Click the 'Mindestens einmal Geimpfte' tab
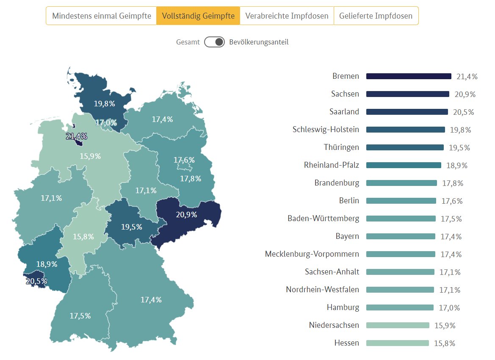(x=101, y=16)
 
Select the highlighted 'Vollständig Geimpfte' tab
(x=198, y=16)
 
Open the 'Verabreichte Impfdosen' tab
(x=287, y=16)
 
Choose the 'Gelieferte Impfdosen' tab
(x=376, y=16)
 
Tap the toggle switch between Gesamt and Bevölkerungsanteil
(x=214, y=42)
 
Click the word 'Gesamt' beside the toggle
(x=188, y=42)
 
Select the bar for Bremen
(x=409, y=76)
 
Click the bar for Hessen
(x=397, y=343)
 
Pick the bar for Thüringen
(x=405, y=147)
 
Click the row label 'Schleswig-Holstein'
(x=326, y=130)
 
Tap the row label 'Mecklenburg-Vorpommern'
(x=312, y=254)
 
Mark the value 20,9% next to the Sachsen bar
(x=465, y=94)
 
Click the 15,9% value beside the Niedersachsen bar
(x=445, y=326)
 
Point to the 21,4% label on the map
(x=77, y=136)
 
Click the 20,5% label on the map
(x=36, y=281)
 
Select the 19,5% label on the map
(x=131, y=227)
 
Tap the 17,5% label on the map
(x=80, y=316)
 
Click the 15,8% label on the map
(x=83, y=237)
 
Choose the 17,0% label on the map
(x=106, y=123)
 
